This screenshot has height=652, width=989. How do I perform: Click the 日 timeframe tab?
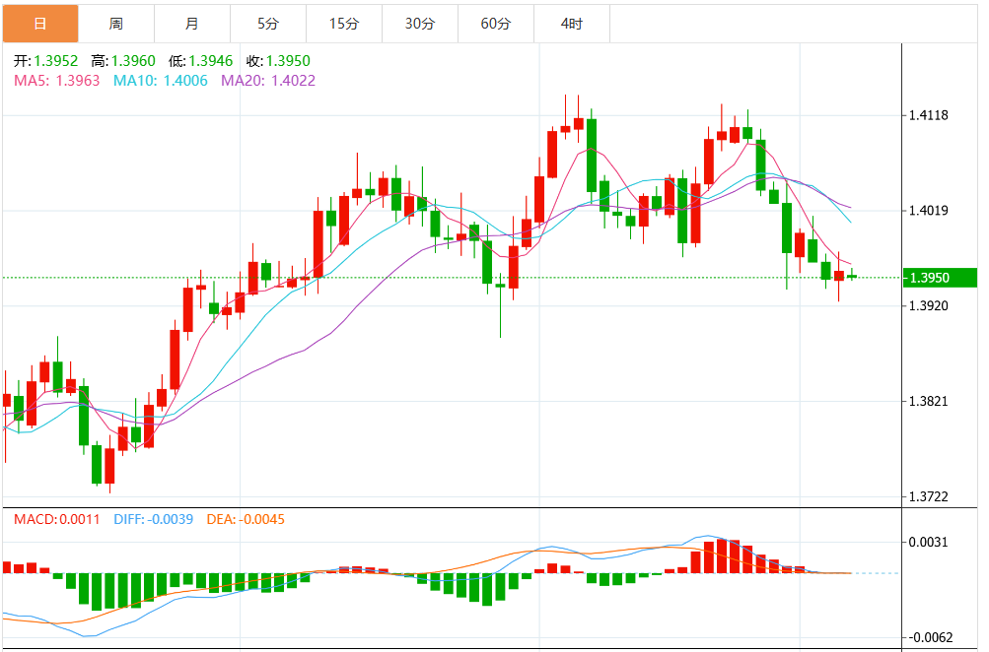(x=39, y=23)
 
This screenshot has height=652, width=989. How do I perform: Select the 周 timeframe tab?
(x=116, y=23)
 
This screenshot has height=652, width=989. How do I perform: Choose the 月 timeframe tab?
(x=191, y=23)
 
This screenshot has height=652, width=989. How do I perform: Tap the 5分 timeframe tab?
(x=267, y=23)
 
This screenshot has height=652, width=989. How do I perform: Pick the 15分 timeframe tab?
(x=343, y=23)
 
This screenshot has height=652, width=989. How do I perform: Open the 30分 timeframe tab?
(x=420, y=23)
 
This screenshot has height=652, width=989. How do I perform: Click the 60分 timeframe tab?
(x=496, y=23)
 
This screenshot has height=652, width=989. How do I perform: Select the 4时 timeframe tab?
(x=572, y=23)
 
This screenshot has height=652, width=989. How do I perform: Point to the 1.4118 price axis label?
(x=928, y=115)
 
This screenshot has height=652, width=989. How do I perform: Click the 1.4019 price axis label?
(x=928, y=211)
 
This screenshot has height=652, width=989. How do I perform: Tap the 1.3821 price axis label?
(x=928, y=402)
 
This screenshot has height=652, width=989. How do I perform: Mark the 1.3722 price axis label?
(x=928, y=497)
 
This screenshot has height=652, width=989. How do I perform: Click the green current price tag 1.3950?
(x=930, y=278)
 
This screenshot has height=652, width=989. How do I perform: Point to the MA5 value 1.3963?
(x=80, y=81)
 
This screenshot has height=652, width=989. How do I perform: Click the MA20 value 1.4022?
(x=295, y=81)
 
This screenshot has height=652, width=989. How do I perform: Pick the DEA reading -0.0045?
(x=259, y=519)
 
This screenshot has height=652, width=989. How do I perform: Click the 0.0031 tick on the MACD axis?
(x=928, y=543)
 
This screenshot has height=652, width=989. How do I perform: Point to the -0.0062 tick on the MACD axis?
(x=928, y=638)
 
